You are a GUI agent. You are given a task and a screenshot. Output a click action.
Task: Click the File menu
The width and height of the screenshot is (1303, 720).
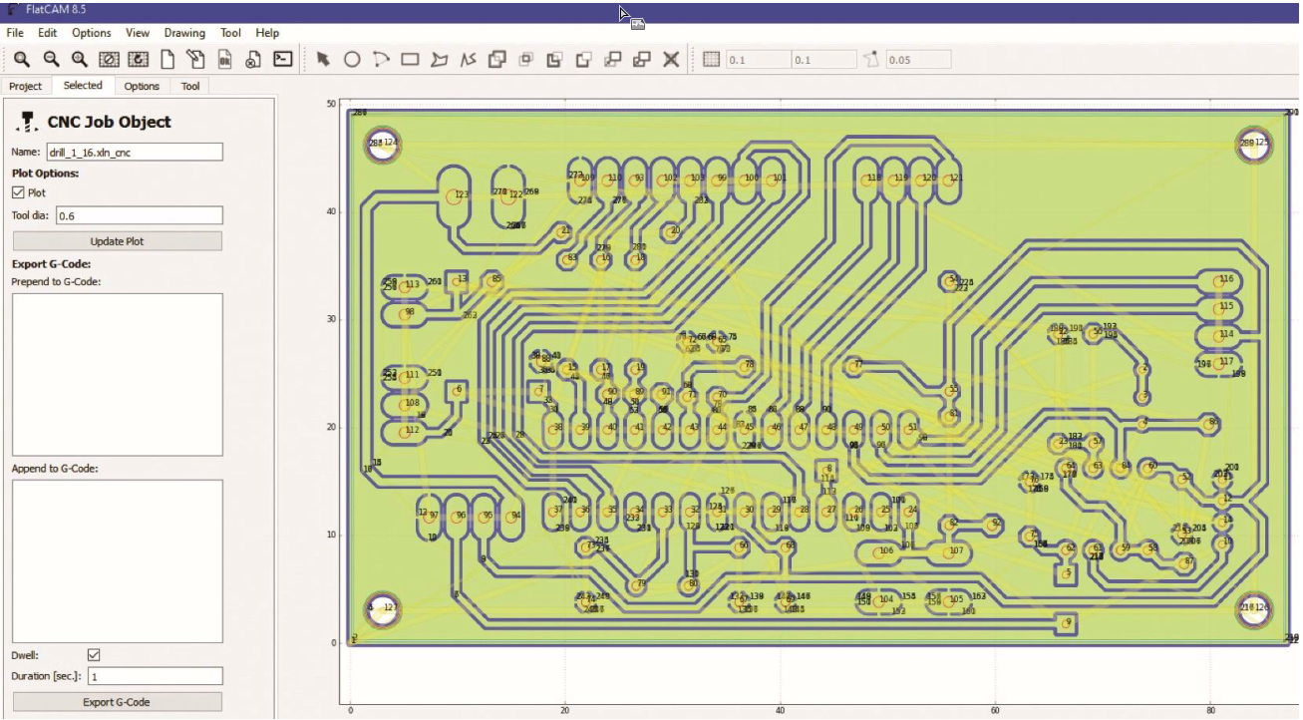click(x=14, y=33)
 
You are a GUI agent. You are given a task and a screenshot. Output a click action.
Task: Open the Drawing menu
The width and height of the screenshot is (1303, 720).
click(x=184, y=33)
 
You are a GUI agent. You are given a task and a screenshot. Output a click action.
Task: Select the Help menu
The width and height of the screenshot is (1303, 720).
click(x=267, y=33)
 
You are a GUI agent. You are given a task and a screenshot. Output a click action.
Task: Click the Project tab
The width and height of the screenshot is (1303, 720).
click(x=26, y=87)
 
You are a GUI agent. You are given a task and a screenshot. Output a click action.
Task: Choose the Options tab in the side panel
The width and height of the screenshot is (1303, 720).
click(x=142, y=87)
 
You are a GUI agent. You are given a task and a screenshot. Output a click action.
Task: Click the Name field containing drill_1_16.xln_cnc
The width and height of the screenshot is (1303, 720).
click(x=134, y=153)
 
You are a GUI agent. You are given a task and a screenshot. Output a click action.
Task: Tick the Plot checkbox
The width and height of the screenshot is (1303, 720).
click(x=18, y=192)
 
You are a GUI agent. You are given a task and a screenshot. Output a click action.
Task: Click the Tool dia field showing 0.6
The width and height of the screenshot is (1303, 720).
click(x=139, y=215)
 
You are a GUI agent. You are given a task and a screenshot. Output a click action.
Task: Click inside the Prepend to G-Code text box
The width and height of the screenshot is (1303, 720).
click(x=117, y=374)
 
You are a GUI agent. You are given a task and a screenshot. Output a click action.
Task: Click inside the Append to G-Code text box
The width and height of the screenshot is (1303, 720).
click(x=117, y=560)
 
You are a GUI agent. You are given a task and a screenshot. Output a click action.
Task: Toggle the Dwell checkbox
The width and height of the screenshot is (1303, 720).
click(x=94, y=655)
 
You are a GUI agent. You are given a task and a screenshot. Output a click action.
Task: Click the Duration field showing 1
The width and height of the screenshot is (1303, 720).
click(x=155, y=676)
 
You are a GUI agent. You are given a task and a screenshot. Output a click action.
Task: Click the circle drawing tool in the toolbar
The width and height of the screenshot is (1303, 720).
click(x=352, y=60)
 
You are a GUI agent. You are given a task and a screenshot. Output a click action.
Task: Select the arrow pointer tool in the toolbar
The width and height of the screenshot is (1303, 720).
click(x=323, y=60)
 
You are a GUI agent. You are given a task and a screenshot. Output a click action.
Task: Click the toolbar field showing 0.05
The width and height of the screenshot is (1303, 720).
click(x=917, y=60)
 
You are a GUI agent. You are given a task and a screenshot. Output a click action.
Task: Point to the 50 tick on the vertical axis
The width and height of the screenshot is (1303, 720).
click(x=331, y=104)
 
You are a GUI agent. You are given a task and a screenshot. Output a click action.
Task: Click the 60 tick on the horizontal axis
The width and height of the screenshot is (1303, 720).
click(x=994, y=711)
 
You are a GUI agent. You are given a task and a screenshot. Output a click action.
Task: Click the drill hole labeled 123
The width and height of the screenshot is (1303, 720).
click(x=453, y=196)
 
